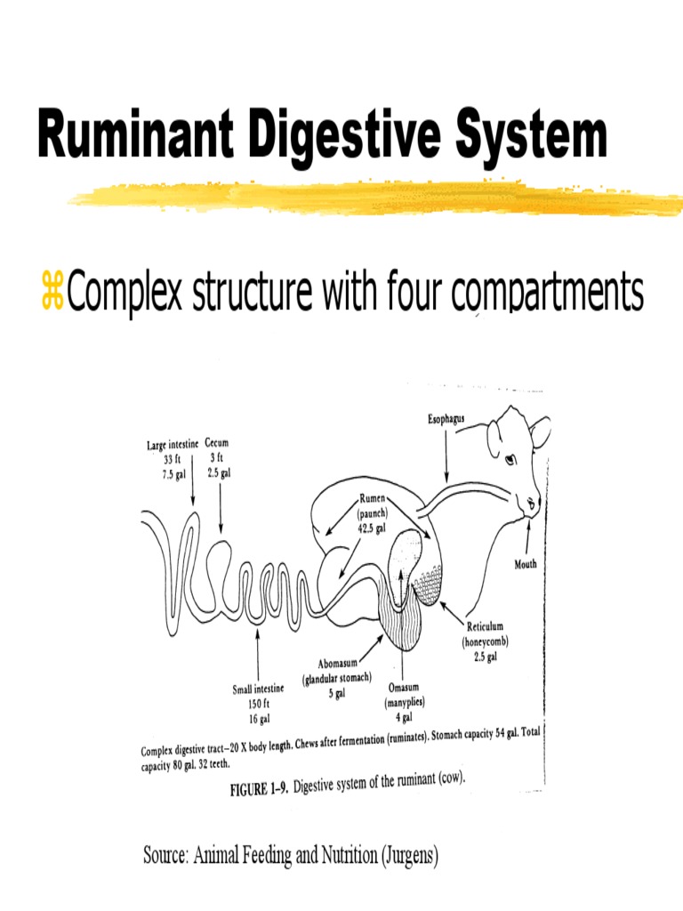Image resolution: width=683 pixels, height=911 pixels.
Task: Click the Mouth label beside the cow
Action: [526, 564]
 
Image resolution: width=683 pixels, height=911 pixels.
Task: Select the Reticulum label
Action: [485, 627]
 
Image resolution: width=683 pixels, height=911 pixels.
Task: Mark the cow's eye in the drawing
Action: [510, 460]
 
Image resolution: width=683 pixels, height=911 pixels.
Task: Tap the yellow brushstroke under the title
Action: [374, 198]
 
